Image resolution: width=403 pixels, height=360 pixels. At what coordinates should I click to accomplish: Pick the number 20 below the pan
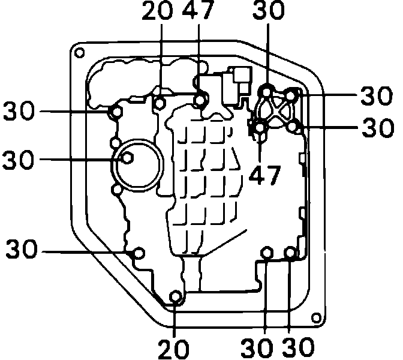pos(175,349)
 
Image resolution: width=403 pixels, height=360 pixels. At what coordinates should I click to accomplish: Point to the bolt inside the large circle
pos(128,158)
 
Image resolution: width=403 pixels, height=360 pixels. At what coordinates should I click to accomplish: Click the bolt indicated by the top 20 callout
pos(160,103)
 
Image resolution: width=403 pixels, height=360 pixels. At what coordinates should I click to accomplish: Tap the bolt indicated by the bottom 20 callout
pos(176,296)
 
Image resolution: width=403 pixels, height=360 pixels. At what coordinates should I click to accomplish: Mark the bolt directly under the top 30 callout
pos(267,91)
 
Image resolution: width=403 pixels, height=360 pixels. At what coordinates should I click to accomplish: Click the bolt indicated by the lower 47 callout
pos(260,127)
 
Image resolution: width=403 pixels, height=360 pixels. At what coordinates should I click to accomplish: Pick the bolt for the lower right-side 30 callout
pos(293,126)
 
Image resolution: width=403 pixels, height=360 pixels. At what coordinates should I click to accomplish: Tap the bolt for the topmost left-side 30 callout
pos(116,111)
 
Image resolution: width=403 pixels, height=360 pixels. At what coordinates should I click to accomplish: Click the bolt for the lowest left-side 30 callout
pos(139,253)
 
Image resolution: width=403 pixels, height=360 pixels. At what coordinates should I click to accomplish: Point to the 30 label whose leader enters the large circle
pos(20,160)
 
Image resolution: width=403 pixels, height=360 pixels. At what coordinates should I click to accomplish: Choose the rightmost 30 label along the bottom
pos(298,349)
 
